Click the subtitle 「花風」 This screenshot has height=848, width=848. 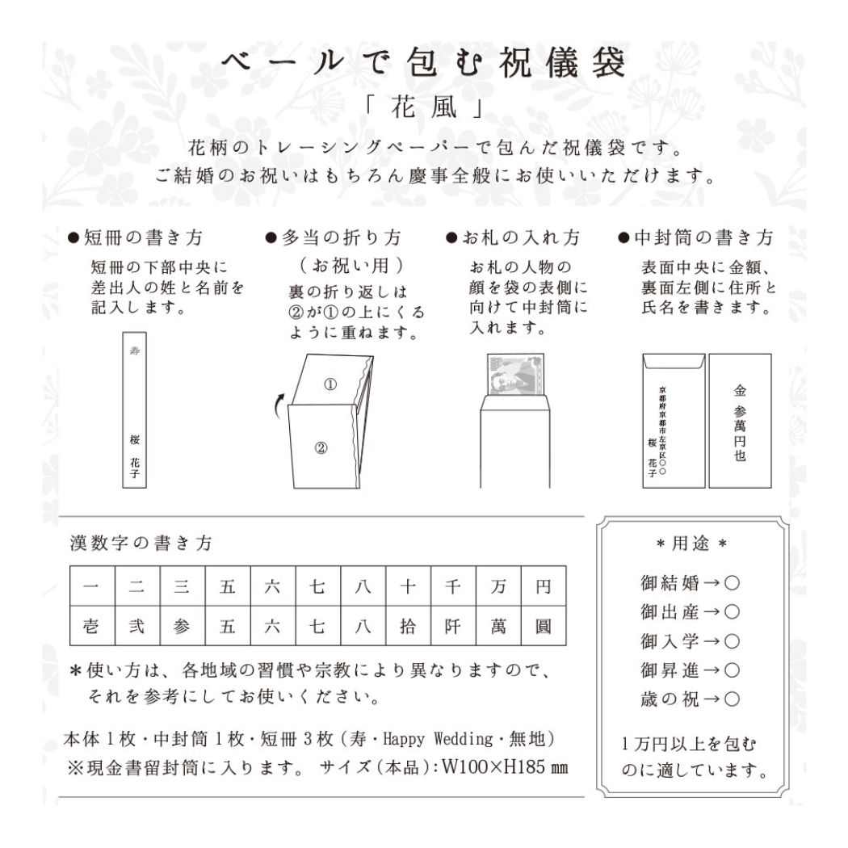[423, 111]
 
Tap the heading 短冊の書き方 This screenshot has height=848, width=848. [141, 239]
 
